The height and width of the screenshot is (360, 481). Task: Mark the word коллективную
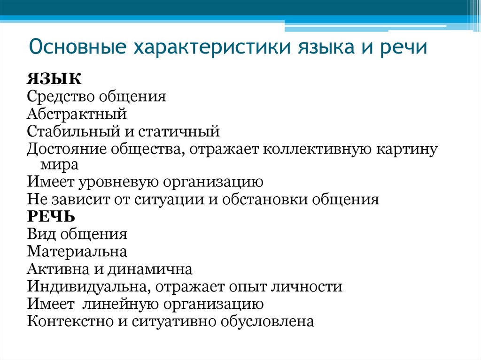tap(315, 149)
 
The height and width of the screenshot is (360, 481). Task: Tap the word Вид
tap(39, 234)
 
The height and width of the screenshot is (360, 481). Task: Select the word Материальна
tap(77, 251)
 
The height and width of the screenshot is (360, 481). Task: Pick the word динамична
tap(149, 269)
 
